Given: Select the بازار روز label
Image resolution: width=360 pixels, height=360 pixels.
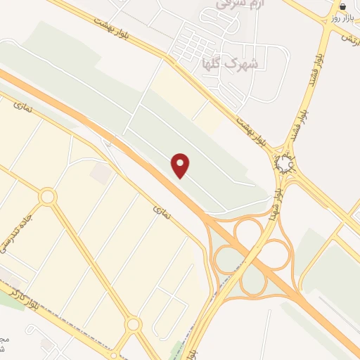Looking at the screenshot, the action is pyautogui.click(x=341, y=18).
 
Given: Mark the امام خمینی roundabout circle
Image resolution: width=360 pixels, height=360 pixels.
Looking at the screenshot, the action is pyautogui.click(x=284, y=165).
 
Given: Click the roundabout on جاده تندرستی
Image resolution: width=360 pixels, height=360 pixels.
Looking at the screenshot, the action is pyautogui.click(x=47, y=197).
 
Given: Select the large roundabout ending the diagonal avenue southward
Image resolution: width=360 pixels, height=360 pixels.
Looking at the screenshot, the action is pyautogui.click(x=134, y=324).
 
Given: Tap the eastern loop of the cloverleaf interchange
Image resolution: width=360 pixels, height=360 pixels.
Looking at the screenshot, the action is pyautogui.click(x=276, y=255).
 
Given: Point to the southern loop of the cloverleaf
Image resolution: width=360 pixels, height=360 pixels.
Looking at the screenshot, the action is pyautogui.click(x=252, y=283).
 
